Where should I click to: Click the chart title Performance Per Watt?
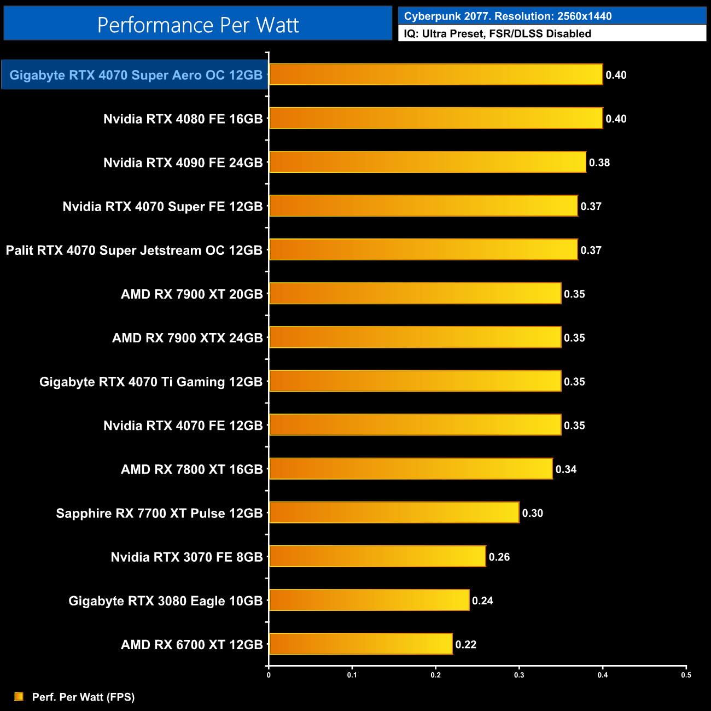[x=198, y=25]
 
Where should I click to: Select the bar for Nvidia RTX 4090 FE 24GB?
[x=428, y=162]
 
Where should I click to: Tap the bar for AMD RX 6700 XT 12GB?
[x=361, y=644]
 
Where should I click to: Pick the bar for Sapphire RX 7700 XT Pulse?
[x=394, y=512]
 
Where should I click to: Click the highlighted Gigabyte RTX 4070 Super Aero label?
[x=136, y=75]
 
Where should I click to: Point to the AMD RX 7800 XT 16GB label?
[x=192, y=469]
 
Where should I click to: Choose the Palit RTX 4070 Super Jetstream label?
[x=134, y=250]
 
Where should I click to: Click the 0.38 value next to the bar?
[x=599, y=162]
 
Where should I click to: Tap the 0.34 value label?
[x=566, y=469]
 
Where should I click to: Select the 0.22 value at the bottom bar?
[x=466, y=644]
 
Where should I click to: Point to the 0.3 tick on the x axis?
[x=519, y=674]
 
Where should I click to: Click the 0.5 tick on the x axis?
[x=686, y=674]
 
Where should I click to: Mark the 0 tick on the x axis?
[x=269, y=674]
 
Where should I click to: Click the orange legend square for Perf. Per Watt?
[x=19, y=696]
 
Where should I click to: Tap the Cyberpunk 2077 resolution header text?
[x=508, y=16]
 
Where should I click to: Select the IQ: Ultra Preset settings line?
[x=497, y=33]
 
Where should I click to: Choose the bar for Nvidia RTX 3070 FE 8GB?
[x=377, y=556]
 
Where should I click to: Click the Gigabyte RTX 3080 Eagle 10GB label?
[x=166, y=601]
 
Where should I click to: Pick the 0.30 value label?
[x=533, y=513]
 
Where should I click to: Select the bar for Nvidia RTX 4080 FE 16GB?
[x=436, y=118]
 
